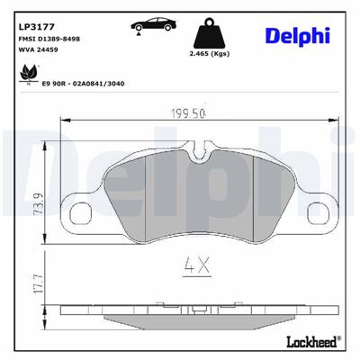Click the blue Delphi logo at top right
[x=298, y=35]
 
